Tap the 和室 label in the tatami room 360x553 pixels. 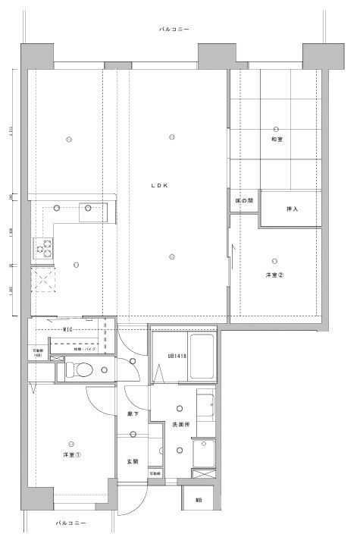coord(277,140)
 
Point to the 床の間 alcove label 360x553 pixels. coord(244,201)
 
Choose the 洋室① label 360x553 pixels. coord(72,455)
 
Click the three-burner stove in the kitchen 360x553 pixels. coord(42,247)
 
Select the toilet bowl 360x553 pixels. coord(82,371)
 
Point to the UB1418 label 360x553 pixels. coord(166,356)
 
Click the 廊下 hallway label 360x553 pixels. coord(132,416)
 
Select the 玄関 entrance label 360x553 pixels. coord(132,461)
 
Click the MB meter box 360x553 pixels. coord(199,500)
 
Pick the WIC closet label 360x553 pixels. coord(67,329)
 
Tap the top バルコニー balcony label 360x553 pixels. coord(174,29)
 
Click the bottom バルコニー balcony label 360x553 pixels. coord(70,523)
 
